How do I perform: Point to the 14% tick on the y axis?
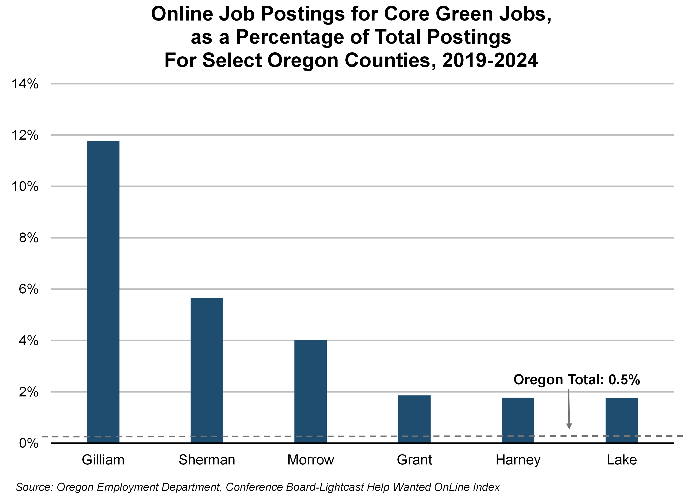(x=25, y=84)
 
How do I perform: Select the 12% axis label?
(x=25, y=135)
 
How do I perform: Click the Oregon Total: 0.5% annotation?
(x=576, y=379)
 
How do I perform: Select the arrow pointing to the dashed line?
(x=569, y=409)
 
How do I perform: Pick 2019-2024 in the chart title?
(x=490, y=60)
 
